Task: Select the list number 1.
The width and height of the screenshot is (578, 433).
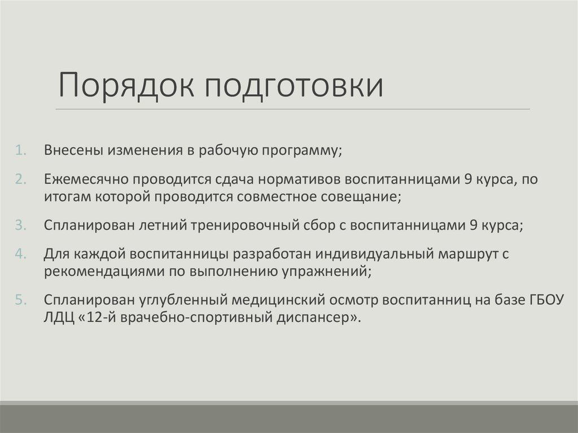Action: (20, 151)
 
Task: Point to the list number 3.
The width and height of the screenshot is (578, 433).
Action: (20, 225)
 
